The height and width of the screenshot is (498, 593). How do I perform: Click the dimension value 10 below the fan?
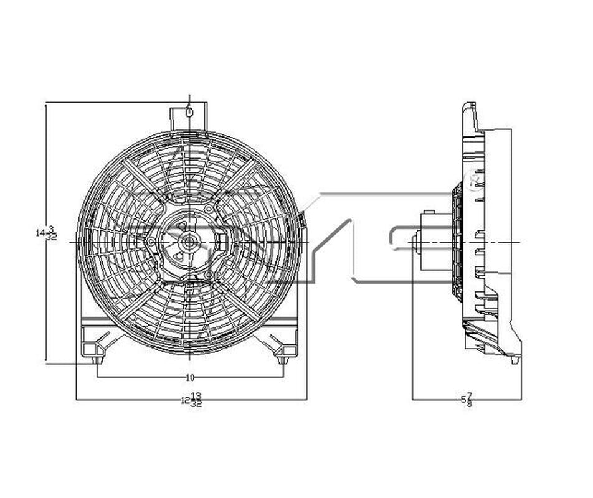(x=191, y=377)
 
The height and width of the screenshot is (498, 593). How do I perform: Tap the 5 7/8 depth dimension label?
(x=466, y=400)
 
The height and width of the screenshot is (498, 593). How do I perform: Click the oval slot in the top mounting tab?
(x=189, y=113)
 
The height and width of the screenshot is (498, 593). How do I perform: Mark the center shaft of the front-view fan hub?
(x=189, y=241)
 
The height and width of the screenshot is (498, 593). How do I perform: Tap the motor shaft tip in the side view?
(x=414, y=239)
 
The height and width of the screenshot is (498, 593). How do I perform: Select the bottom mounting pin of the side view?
(x=513, y=359)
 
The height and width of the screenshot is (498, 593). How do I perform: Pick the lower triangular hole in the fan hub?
(x=179, y=255)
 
